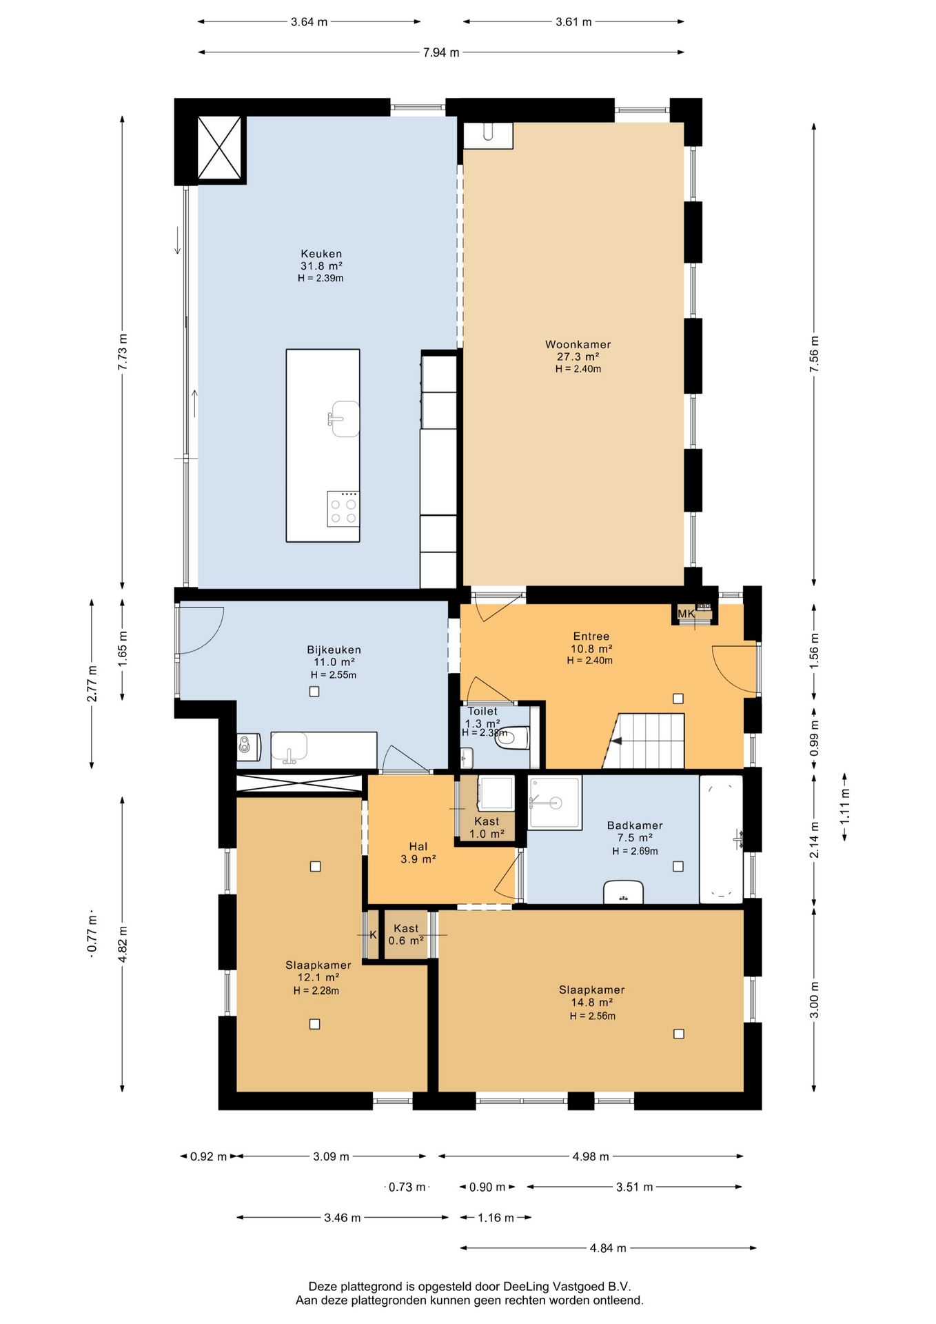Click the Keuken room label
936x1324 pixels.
tap(321, 254)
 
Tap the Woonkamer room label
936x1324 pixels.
tap(578, 344)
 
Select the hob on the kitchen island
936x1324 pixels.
tap(343, 509)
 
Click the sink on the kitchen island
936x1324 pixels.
tap(344, 419)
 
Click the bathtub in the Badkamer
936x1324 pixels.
tap(721, 839)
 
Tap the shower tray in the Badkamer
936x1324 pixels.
tap(555, 802)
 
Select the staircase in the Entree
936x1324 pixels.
tap(644, 741)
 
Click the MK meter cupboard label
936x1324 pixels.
tap(686, 613)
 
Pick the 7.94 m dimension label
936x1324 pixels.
tap(441, 52)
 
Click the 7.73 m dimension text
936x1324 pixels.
tap(123, 352)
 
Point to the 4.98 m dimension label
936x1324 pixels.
tap(591, 1156)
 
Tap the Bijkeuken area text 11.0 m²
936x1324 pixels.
tap(334, 662)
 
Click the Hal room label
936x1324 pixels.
tap(418, 846)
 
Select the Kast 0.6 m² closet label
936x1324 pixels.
tap(406, 934)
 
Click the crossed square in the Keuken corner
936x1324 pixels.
tap(221, 148)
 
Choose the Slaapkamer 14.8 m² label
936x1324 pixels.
tap(591, 996)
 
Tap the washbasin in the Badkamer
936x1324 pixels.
tap(623, 892)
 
